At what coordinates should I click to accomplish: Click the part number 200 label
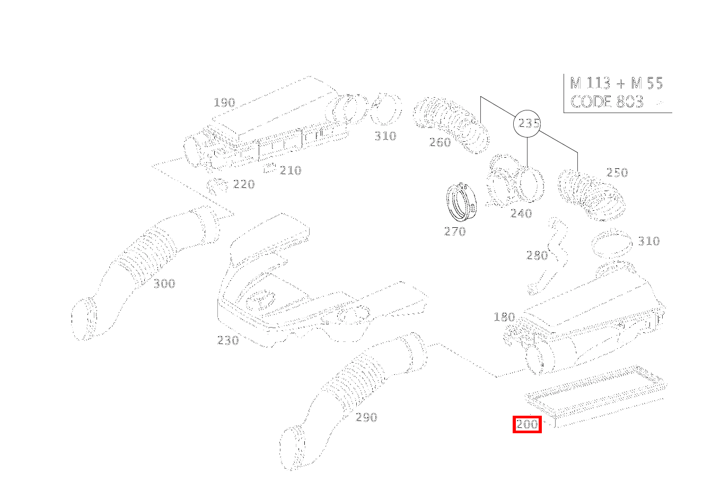527,424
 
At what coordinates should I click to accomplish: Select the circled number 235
529,124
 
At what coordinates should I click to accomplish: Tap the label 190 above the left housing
224,102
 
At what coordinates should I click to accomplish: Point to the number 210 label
291,170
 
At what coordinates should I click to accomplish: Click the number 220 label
244,184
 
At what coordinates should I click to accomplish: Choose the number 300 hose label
164,284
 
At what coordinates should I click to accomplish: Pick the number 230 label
228,340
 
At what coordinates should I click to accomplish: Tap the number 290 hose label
366,417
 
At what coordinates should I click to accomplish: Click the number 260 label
440,142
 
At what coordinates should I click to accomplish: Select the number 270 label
455,231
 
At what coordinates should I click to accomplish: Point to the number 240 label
521,213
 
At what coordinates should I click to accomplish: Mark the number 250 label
617,173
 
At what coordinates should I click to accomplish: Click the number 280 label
537,255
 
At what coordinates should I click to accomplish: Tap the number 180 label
504,317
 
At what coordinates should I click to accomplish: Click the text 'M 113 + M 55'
616,83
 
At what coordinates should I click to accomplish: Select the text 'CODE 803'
607,101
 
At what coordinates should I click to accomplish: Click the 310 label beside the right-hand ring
648,242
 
